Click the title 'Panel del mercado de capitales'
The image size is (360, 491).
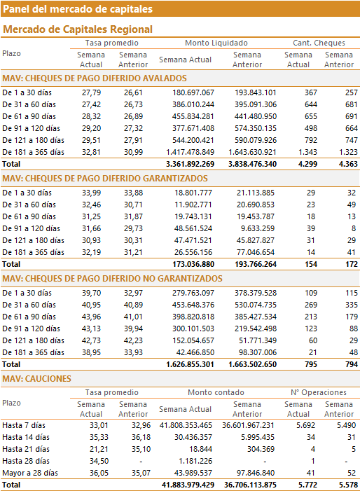tap(78, 9)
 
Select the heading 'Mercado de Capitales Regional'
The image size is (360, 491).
tap(78, 29)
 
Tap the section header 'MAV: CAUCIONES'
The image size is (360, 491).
tap(36, 379)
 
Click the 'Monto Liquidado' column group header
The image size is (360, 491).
tap(216, 43)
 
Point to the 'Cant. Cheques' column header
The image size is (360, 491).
tap(319, 43)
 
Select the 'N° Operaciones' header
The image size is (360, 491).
tap(319, 392)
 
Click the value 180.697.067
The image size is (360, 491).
tap(193, 92)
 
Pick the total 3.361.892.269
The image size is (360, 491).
tap(190, 164)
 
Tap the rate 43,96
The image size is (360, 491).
tap(92, 317)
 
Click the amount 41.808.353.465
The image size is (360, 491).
tap(186, 426)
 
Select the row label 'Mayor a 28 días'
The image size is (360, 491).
tap(30, 473)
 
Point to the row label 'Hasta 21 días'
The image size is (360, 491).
tap(26, 450)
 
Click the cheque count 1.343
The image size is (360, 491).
tap(307, 152)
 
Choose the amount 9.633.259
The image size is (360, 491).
tap(257, 228)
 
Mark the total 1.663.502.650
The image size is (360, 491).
tap(252, 364)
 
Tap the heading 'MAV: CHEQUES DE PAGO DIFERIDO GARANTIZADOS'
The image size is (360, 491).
tap(105, 179)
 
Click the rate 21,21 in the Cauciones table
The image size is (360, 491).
tap(99, 450)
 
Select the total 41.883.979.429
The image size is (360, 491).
tap(188, 485)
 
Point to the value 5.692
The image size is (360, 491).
tap(305, 426)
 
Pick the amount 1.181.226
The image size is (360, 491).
tap(195, 462)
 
